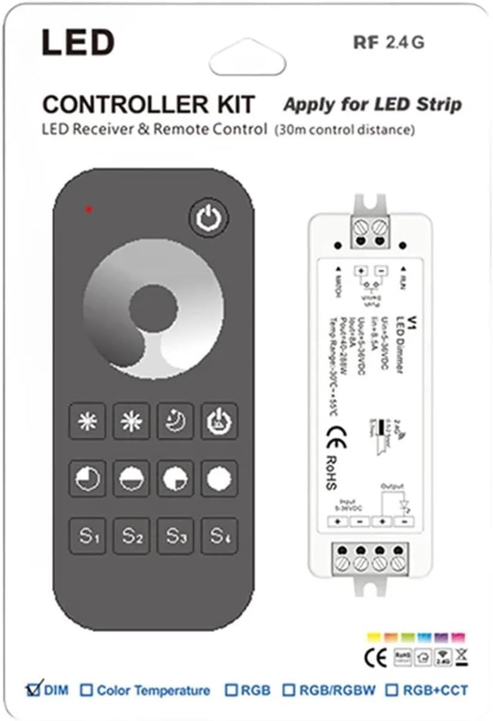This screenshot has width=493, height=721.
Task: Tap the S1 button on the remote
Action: pos(87,535)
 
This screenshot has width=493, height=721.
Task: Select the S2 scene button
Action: pos(131,535)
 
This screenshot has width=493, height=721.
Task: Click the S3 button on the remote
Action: pos(175,535)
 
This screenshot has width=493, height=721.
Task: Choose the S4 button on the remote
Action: pos(219,535)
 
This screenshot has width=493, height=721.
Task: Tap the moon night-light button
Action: pos(175,422)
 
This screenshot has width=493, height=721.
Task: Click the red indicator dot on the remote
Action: pos(88,209)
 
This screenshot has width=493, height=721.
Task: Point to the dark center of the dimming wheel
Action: pos(153,308)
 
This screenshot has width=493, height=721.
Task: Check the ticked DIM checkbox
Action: pos(33,690)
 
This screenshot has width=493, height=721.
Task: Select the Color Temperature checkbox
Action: pos(87,691)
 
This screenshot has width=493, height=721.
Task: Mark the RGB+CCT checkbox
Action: pos(392,691)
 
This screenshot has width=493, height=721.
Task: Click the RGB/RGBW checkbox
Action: pos(289,691)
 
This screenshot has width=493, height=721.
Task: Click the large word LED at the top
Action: pos(77,43)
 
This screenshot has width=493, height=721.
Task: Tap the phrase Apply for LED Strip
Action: pos(372,105)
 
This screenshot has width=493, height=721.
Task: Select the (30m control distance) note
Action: pos(344,129)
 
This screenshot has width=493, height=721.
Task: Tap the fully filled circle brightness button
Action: pos(219,478)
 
